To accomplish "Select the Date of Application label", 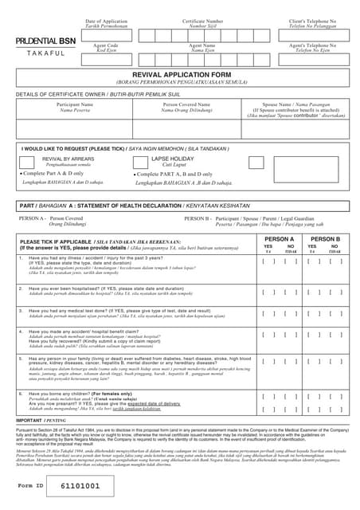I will click(x=106, y=22).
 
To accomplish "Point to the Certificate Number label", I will click(x=202, y=22).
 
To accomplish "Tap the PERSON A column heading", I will click(x=280, y=238).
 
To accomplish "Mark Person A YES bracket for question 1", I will click(x=268, y=261).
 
